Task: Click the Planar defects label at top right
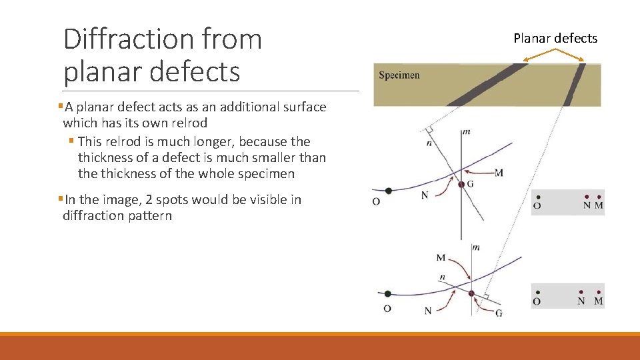pyautogui.click(x=555, y=38)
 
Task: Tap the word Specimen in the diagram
pyautogui.click(x=399, y=75)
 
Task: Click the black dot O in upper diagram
pyautogui.click(x=389, y=191)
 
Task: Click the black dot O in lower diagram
pyautogui.click(x=388, y=293)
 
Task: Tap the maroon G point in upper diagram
pyautogui.click(x=461, y=184)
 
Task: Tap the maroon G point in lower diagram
pyautogui.click(x=471, y=293)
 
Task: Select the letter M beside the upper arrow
pyautogui.click(x=499, y=173)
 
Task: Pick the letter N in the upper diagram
pyautogui.click(x=425, y=195)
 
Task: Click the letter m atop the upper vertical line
pyautogui.click(x=467, y=132)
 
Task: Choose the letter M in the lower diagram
pyautogui.click(x=441, y=257)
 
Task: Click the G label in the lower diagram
pyautogui.click(x=499, y=313)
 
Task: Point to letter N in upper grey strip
pyautogui.click(x=587, y=206)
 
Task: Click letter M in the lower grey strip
pyautogui.click(x=598, y=301)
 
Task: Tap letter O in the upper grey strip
pyautogui.click(x=537, y=206)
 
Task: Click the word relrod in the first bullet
pyautogui.click(x=189, y=123)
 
